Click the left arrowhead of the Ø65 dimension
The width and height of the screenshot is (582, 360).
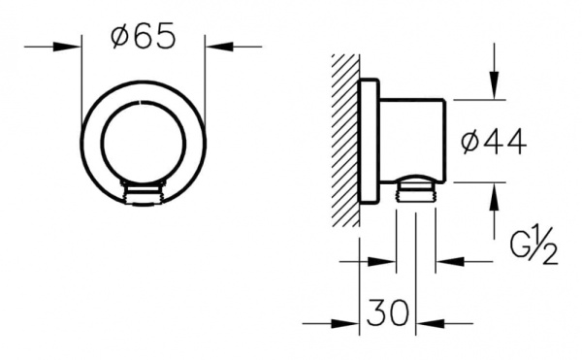point(74,46)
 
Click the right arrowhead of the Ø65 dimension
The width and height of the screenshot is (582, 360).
point(212,46)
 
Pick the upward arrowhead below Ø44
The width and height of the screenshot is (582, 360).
point(496,190)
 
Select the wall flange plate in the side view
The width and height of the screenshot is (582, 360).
point(370,142)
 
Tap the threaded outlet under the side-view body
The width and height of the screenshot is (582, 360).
point(416,190)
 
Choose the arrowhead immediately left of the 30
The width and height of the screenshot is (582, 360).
point(352,324)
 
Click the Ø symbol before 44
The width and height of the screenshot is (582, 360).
point(468,142)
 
